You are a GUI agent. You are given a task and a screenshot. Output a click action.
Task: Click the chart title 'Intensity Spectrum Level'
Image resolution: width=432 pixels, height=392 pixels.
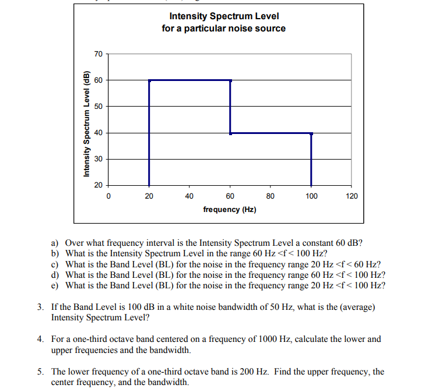click(x=224, y=16)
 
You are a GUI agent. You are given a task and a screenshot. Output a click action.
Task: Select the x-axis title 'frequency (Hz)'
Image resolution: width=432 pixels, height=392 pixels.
click(x=230, y=209)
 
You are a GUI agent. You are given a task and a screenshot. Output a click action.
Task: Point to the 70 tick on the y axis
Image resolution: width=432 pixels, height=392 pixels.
click(x=99, y=54)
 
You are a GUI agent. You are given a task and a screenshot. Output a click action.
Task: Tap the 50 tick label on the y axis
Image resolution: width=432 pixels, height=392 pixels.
click(x=99, y=107)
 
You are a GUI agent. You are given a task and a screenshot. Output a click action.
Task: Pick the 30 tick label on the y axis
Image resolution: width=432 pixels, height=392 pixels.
click(x=99, y=159)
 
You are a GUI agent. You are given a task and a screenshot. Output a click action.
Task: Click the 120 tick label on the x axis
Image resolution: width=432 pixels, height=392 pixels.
click(x=352, y=196)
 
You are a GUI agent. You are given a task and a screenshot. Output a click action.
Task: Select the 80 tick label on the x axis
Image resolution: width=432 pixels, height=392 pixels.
click(x=271, y=196)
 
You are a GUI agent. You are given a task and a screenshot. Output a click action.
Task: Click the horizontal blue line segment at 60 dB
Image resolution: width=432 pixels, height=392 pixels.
click(x=189, y=80)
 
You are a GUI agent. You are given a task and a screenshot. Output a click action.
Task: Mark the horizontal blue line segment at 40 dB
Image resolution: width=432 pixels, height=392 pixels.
click(x=271, y=133)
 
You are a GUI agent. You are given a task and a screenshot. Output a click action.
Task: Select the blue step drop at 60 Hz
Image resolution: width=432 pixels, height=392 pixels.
click(x=230, y=107)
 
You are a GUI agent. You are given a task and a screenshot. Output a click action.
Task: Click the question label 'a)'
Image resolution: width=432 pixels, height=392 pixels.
click(x=55, y=243)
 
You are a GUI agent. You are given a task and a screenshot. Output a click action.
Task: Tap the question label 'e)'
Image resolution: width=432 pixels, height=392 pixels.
click(x=55, y=285)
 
